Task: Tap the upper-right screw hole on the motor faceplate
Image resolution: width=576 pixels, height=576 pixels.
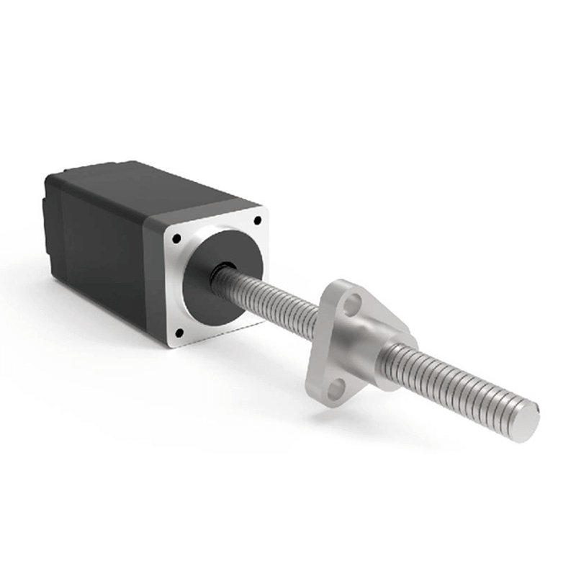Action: pos(256,221)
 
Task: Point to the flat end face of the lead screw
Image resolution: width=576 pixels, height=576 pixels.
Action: pos(528,423)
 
